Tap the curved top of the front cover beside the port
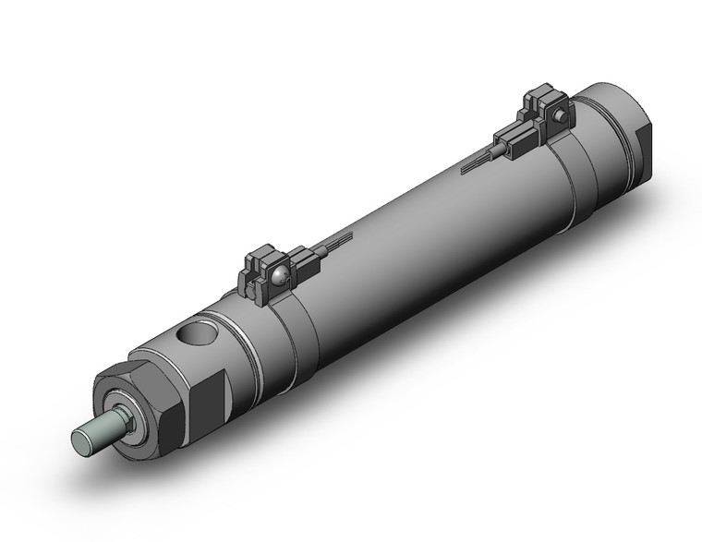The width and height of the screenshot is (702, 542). [x=166, y=342]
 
